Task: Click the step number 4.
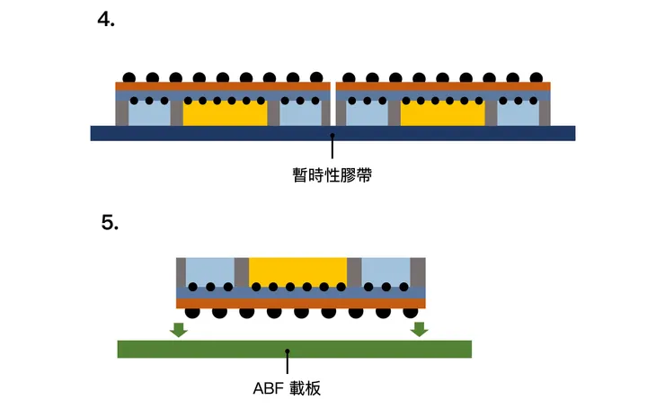tap(105, 20)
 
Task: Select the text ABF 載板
tap(287, 389)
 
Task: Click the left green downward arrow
tap(179, 329)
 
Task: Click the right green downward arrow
tap(419, 329)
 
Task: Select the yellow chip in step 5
tap(297, 271)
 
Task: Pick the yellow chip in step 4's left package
tap(225, 114)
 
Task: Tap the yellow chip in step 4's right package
tap(442, 114)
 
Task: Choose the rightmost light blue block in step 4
tap(517, 115)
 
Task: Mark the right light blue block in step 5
tap(386, 271)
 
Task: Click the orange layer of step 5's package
tap(301, 303)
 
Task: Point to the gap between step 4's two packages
tap(332, 103)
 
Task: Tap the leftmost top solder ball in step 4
tap(129, 77)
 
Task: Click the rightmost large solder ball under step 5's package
tap(413, 312)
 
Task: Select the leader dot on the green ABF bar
tap(287, 351)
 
